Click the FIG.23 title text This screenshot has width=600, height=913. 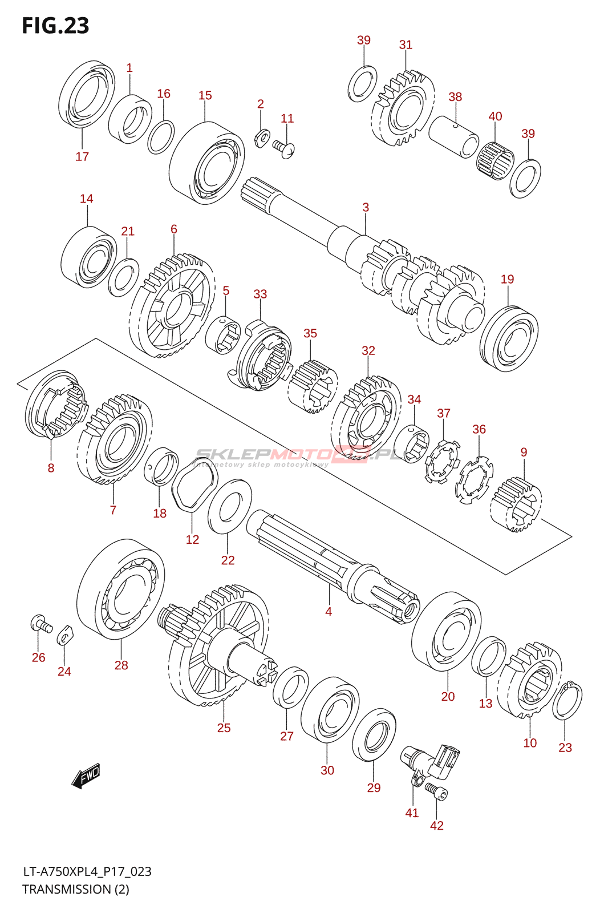click(x=55, y=26)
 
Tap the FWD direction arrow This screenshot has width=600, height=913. click(x=86, y=775)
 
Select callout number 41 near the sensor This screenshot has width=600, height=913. click(x=412, y=813)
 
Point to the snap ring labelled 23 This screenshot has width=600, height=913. click(x=567, y=700)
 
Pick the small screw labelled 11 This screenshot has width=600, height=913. click(x=284, y=148)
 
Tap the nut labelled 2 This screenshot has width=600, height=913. click(x=262, y=137)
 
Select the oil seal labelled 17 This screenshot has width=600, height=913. click(x=86, y=96)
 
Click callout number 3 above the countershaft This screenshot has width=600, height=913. click(x=366, y=207)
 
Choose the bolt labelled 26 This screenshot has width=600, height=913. click(x=40, y=623)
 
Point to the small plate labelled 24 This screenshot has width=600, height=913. click(x=65, y=635)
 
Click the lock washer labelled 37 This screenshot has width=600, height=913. click(x=442, y=460)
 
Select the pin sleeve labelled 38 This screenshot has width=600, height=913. click(x=454, y=136)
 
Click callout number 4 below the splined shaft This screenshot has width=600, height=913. click(x=329, y=611)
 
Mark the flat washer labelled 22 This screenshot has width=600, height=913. click(x=229, y=507)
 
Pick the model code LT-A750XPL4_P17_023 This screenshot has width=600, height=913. click(x=87, y=871)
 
